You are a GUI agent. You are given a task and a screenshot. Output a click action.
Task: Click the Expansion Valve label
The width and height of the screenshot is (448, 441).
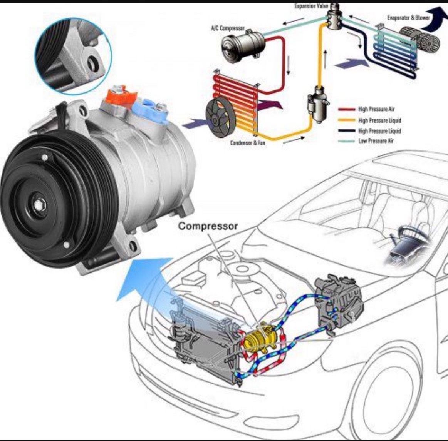click(311, 7)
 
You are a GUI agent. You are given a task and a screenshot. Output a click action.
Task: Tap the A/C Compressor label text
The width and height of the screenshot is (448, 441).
click(228, 28)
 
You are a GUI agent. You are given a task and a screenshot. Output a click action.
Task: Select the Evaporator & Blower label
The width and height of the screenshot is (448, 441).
click(403, 18)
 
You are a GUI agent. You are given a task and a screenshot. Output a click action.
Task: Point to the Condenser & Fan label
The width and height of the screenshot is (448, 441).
click(247, 142)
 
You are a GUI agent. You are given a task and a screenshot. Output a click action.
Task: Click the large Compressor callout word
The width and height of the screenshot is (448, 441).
click(208, 226)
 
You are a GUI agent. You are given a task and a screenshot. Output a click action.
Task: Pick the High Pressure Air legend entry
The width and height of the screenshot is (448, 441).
click(376, 109)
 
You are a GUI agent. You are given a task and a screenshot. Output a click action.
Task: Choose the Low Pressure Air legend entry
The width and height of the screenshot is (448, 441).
click(376, 141)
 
